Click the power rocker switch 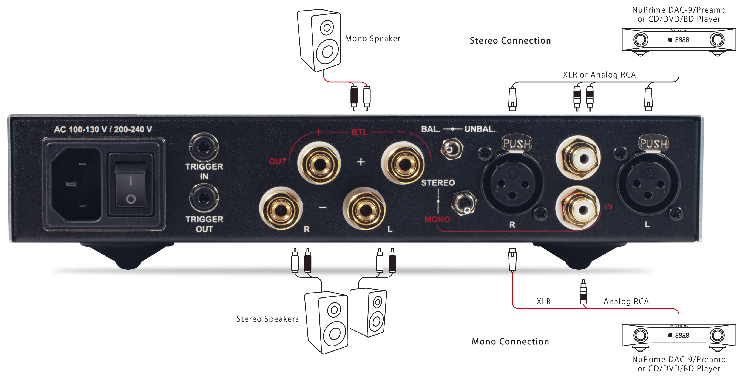pyautogui.click(x=131, y=185)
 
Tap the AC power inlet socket pyautogui.click(x=76, y=185)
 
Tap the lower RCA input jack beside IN pyautogui.click(x=578, y=209)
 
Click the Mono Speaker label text pyautogui.click(x=373, y=39)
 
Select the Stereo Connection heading pyautogui.click(x=510, y=41)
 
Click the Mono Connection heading pyautogui.click(x=510, y=341)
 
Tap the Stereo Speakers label pyautogui.click(x=267, y=319)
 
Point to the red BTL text pyautogui.click(x=360, y=132)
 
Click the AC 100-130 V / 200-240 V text pyautogui.click(x=103, y=129)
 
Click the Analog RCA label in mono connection pyautogui.click(x=626, y=302)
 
